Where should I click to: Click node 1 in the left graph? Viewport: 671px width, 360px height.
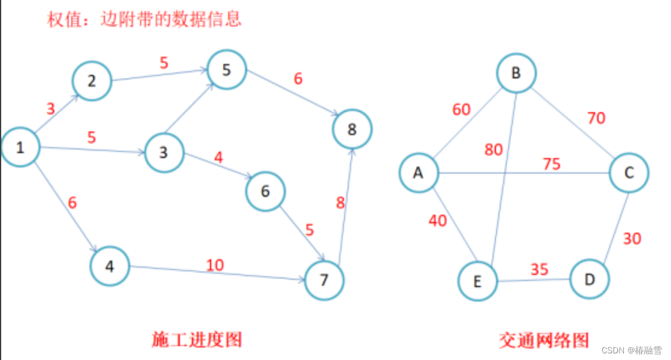tap(20, 147)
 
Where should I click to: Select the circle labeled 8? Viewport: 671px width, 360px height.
tap(352, 129)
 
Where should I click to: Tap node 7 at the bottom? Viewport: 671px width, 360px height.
tap(325, 280)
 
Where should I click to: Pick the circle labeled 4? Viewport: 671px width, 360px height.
tap(110, 266)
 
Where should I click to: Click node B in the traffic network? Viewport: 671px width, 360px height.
tap(516, 74)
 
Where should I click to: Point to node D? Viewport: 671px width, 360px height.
tap(589, 279)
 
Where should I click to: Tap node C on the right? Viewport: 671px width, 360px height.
tap(629, 173)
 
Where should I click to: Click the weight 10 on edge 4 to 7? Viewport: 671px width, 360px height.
tap(215, 265)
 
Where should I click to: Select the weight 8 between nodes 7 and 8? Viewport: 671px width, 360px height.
tap(340, 203)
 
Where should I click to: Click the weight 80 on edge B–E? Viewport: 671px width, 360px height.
tap(493, 149)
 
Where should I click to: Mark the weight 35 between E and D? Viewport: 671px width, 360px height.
tap(539, 269)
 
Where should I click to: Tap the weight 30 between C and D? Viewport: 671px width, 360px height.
tap(632, 239)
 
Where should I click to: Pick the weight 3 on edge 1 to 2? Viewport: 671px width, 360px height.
tap(51, 109)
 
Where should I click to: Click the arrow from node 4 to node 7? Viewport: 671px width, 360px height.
tap(217, 274)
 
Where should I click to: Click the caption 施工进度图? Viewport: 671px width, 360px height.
tap(196, 339)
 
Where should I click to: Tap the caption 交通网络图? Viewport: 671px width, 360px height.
tap(543, 340)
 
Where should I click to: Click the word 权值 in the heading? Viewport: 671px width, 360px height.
tap(60, 19)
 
